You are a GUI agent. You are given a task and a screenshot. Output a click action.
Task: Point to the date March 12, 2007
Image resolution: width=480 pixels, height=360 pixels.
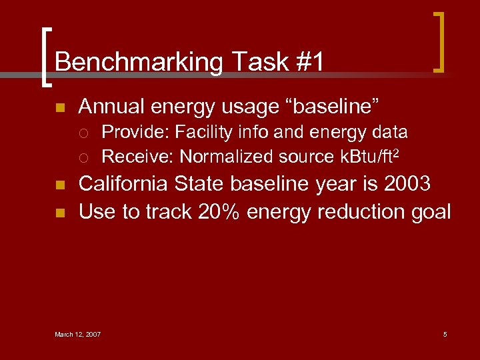click(x=77, y=334)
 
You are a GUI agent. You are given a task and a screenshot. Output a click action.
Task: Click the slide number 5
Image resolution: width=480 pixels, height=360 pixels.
click(x=445, y=334)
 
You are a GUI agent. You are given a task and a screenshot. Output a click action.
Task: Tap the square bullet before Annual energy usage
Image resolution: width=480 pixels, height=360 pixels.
click(x=59, y=107)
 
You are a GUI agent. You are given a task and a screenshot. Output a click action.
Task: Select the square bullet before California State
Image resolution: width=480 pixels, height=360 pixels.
click(x=59, y=185)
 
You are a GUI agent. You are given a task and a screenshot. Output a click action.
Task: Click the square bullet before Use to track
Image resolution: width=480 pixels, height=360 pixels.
click(x=59, y=213)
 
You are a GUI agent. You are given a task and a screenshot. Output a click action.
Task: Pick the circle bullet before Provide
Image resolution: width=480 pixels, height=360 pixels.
click(x=83, y=133)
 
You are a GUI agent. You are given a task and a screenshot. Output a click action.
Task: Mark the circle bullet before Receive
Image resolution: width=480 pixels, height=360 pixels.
click(x=83, y=157)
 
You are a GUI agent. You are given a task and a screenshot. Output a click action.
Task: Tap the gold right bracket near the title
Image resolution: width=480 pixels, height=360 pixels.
click(x=439, y=41)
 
